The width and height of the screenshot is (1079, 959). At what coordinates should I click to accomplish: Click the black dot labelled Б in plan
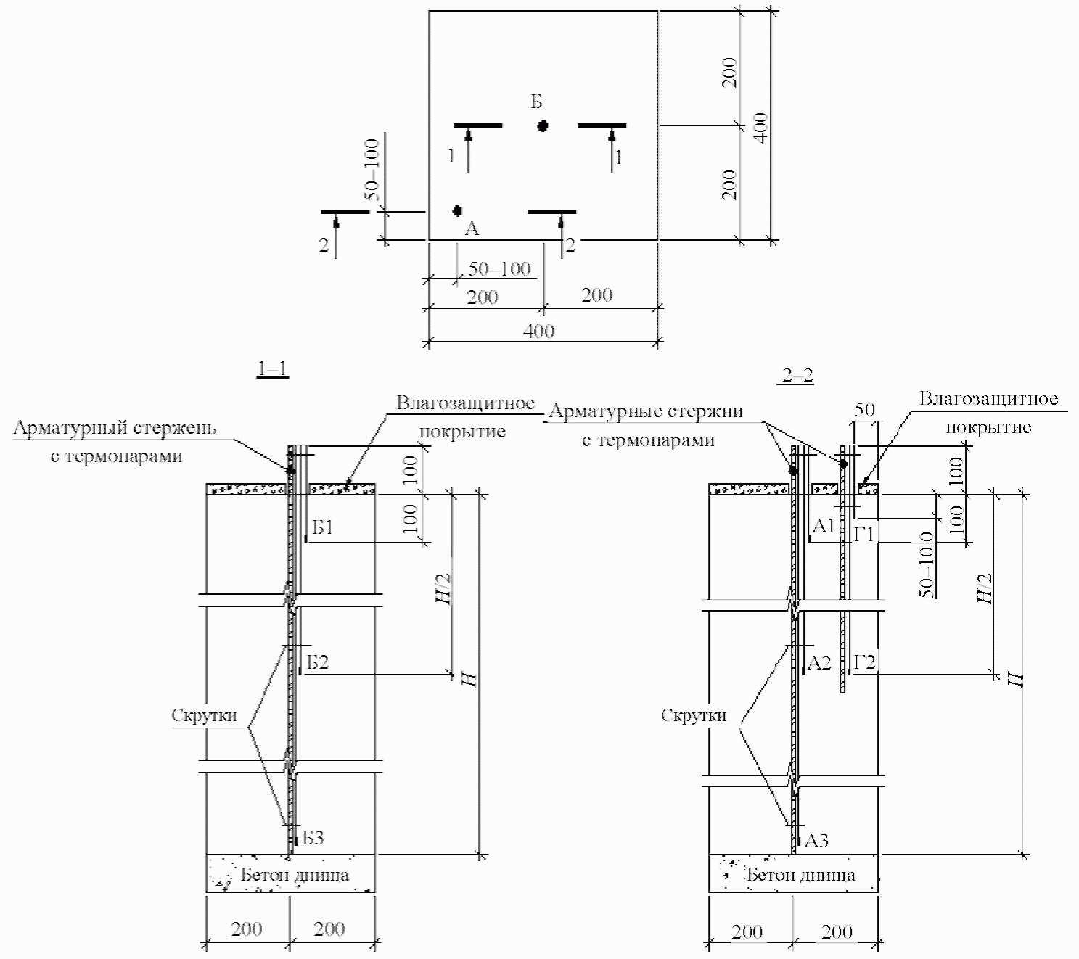543,126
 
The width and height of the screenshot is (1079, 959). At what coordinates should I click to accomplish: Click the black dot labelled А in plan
457,210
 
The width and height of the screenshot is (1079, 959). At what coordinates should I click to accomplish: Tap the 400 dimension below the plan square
538,332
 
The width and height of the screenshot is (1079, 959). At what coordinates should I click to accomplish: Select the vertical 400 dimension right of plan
760,128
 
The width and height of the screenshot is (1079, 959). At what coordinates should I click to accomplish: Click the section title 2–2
797,375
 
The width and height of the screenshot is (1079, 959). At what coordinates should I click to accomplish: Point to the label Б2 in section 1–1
317,662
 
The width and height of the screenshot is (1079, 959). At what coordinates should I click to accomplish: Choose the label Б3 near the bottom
313,839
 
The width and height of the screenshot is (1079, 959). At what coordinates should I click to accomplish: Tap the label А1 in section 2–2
823,526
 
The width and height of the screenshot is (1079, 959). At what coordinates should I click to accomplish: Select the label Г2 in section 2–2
865,662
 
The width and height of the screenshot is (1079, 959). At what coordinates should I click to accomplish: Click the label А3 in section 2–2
816,841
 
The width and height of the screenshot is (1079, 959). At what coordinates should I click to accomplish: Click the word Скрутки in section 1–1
204,716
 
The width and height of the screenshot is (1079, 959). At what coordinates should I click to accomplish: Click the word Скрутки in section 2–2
694,716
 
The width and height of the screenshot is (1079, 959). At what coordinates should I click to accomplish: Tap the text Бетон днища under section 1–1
295,876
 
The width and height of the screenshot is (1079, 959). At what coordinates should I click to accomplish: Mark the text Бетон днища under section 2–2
800,876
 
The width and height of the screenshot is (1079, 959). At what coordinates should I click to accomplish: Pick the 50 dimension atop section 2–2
864,410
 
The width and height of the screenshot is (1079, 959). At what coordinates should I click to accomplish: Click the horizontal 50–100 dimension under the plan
499,269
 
